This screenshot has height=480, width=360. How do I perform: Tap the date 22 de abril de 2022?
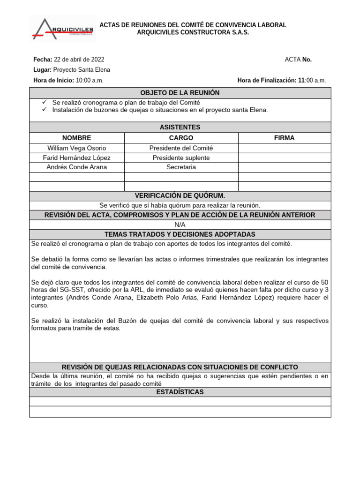pos(79,60)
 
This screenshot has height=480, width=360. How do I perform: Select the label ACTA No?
pos(298,60)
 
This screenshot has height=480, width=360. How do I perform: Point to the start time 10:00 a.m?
pos(90,80)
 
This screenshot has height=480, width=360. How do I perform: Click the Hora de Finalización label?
pos(267,80)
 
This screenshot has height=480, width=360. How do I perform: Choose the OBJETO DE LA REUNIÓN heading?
pos(180,93)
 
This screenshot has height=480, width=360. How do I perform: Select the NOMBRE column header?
pos(76,138)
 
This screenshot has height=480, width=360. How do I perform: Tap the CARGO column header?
pos(181,138)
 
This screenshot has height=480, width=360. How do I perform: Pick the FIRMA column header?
pos(284,138)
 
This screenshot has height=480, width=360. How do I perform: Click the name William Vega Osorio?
pos(76,148)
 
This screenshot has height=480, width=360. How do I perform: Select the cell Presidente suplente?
pos(181,158)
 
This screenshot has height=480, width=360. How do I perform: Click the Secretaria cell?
pos(181,167)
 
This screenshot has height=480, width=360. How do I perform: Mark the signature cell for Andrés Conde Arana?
pos(284,167)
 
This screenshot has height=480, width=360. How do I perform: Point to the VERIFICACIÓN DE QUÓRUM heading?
pos(180,196)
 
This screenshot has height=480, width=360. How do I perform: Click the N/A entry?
pos(180,225)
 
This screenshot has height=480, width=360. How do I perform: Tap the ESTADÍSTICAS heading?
pos(180,392)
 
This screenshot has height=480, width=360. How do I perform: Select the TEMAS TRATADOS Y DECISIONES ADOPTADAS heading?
pos(180,234)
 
